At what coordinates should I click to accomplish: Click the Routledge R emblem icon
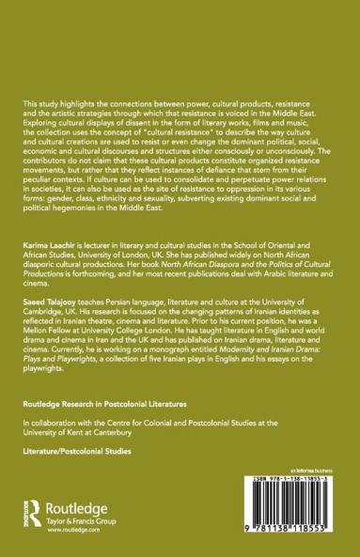(x=33, y=518)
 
